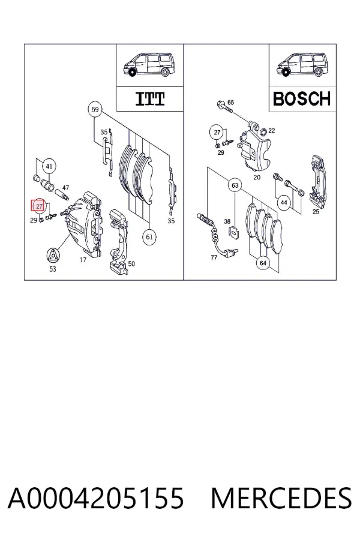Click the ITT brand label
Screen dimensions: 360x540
pos(150,99)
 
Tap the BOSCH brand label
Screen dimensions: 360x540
pos(302,99)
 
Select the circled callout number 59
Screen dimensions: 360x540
pos(95,110)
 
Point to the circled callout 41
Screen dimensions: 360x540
pos(49,166)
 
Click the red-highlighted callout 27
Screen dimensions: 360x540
pos(38,206)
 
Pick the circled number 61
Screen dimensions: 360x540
pos(149,237)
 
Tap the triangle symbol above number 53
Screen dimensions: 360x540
pos(52,256)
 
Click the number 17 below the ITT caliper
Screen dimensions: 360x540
pos(83,260)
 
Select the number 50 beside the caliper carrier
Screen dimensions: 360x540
pos(131,264)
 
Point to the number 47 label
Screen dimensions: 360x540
pos(65,188)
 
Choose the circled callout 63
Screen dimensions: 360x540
pos(235,185)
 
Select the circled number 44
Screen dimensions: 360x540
pos(284,202)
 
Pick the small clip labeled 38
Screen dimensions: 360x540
pos(234,233)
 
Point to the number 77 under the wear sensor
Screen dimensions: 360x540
pos(214,257)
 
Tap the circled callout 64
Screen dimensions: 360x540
pos(263,263)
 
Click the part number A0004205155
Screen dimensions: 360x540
pos(96,498)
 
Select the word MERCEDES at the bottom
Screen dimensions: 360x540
pos(281,498)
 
